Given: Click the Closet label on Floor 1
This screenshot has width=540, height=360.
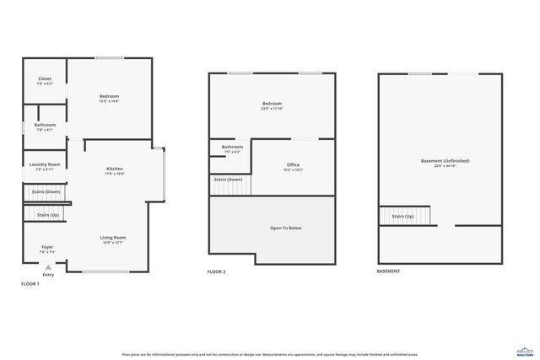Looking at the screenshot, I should tap(44, 79).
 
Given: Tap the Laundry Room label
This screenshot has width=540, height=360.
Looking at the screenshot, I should tap(44, 164).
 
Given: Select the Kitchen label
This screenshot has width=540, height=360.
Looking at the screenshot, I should tap(115, 168).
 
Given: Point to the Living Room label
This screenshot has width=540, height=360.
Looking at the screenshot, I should tap(112, 238).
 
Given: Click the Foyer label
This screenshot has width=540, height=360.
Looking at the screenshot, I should tap(47, 247).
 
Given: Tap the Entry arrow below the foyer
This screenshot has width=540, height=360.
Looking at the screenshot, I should tap(48, 266).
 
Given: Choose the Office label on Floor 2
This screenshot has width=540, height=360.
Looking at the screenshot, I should tap(293, 164).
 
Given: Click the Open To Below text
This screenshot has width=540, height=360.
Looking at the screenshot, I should tap(286, 228).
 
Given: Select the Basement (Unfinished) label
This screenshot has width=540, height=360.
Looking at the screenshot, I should tap(445, 160).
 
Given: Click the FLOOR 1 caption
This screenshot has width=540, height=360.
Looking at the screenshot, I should tap(30, 284).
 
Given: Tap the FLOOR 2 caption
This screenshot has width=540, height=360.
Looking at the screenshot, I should tap(217, 271).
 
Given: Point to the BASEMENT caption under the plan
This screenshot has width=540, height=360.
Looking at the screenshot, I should tap(388, 271).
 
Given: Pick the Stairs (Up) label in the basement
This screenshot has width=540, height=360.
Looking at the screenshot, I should tap(402, 216).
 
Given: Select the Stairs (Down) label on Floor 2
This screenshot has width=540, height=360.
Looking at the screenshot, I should tap(228, 180).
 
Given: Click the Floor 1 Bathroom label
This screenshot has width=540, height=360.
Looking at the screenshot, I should tap(46, 125).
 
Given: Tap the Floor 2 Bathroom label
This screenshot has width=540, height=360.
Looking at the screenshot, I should tap(232, 147).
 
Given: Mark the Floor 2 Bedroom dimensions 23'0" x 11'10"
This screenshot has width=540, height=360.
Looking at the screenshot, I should tap(272, 109).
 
